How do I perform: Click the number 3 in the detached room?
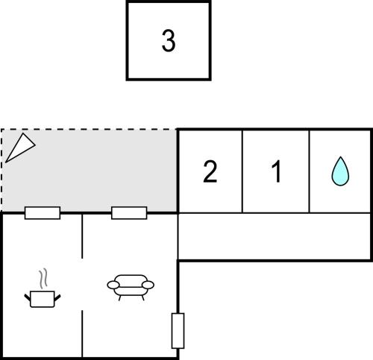(169, 41)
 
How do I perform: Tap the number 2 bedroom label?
(210, 171)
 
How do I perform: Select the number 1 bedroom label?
(276, 171)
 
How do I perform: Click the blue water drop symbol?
(340, 171)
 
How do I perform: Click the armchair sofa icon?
(131, 288)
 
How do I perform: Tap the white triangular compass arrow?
(20, 148)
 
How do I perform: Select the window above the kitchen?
(43, 213)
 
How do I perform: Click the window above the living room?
(129, 213)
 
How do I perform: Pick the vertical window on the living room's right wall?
(178, 331)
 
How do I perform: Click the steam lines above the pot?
(43, 279)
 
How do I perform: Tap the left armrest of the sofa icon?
(113, 285)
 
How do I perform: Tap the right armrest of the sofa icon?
(148, 285)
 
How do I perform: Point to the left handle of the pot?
(28, 297)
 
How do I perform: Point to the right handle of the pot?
(57, 297)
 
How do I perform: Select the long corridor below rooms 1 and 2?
(275, 236)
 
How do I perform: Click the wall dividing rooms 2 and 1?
(242, 171)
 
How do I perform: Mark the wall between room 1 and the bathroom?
(310, 171)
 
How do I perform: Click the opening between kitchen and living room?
(82, 284)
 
